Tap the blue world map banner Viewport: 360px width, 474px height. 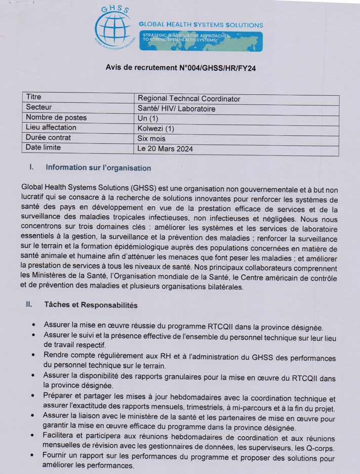point(201,42)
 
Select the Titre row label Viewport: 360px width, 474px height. point(34,97)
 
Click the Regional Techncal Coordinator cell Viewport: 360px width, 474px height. point(189,99)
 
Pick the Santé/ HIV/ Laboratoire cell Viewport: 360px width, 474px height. point(177,109)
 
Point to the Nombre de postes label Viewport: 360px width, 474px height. point(56,117)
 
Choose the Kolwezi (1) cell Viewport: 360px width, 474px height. point(156,129)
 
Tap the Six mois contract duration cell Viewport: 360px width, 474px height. point(151,138)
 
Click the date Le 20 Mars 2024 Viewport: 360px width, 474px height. point(165,149)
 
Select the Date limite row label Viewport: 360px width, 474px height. point(44,147)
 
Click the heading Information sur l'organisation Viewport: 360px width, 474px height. point(98,168)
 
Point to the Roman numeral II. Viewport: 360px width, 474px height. point(29,305)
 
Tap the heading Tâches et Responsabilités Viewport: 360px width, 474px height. point(91,305)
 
